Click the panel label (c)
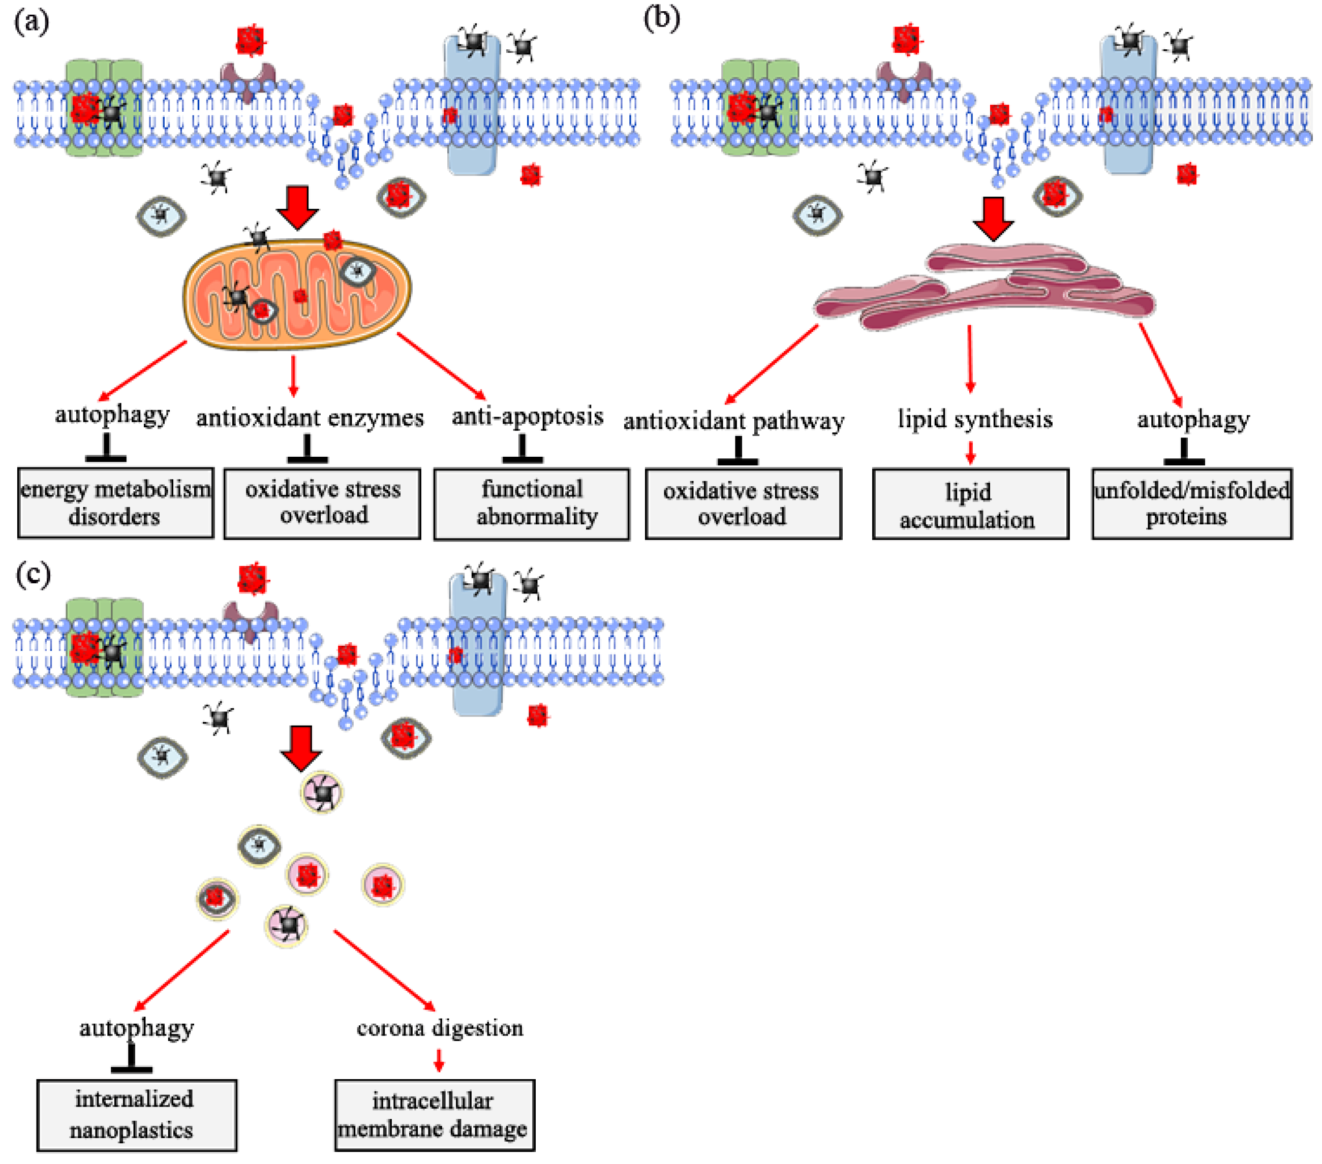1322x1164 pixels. tap(33, 574)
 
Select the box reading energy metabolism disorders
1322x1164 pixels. tap(115, 503)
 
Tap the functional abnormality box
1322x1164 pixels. tap(532, 503)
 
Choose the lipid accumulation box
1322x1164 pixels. tap(970, 505)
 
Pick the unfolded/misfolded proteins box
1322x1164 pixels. tap(1192, 503)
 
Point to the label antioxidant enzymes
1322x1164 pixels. tap(310, 418)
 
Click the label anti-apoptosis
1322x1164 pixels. tap(527, 416)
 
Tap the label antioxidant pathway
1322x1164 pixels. tap(733, 421)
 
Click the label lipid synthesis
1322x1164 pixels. tap(975, 419)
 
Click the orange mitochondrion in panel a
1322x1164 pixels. tap(297, 294)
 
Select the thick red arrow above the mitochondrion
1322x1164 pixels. tap(297, 207)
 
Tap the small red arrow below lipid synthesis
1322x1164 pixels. tap(970, 453)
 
